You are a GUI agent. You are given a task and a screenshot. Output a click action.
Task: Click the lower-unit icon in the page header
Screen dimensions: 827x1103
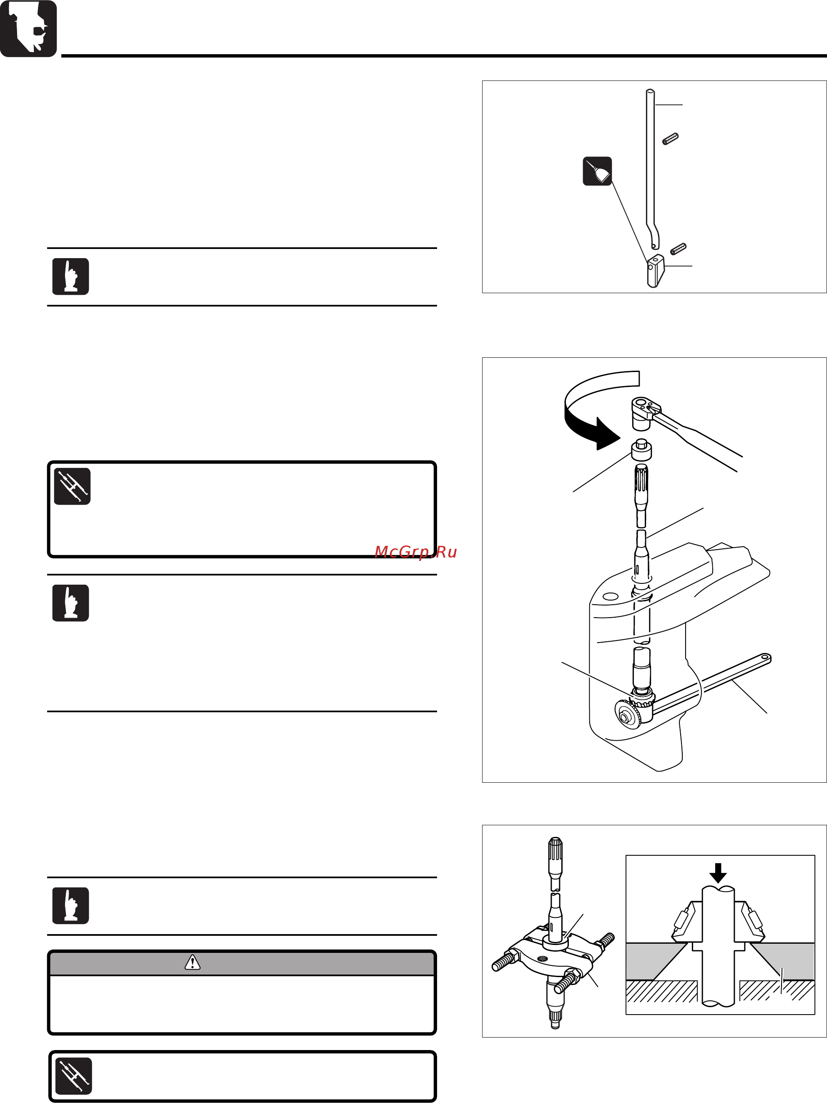(28, 28)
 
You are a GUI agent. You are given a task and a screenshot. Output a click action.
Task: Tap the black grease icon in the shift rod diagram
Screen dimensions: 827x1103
(597, 171)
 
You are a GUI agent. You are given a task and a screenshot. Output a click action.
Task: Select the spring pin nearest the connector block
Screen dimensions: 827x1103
(679, 248)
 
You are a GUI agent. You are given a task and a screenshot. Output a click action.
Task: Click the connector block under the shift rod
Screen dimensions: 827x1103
(656, 271)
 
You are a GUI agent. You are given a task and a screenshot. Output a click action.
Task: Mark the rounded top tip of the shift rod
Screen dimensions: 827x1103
(650, 91)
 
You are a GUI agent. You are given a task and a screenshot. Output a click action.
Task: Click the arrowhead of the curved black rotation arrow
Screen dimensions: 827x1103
(608, 433)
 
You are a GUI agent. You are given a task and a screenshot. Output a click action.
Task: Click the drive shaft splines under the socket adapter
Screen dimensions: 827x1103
(641, 481)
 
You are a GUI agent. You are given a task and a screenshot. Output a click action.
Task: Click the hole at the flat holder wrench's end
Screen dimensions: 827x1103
(764, 658)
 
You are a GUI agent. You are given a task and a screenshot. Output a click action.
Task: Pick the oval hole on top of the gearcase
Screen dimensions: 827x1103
(611, 596)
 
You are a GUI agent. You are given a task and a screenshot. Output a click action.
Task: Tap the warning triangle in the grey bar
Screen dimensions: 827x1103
(193, 962)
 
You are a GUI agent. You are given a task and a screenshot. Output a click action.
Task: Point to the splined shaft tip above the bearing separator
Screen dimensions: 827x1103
(555, 853)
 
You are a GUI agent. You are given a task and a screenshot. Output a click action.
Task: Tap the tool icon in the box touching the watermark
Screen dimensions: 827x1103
(72, 486)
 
